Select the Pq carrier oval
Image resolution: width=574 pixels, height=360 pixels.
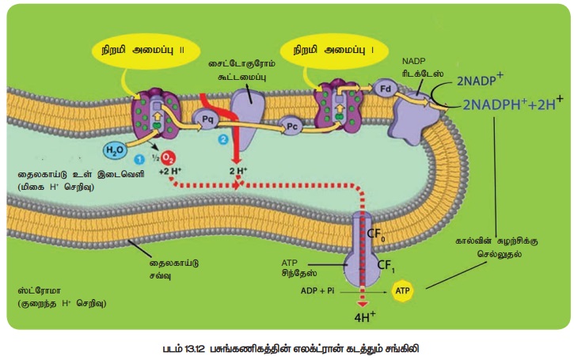click(x=208, y=119)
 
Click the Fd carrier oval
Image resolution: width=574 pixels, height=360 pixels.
click(x=385, y=88)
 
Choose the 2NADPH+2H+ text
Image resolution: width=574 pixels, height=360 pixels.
click(x=514, y=103)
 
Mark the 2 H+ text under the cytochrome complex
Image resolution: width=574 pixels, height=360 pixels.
click(x=238, y=169)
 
